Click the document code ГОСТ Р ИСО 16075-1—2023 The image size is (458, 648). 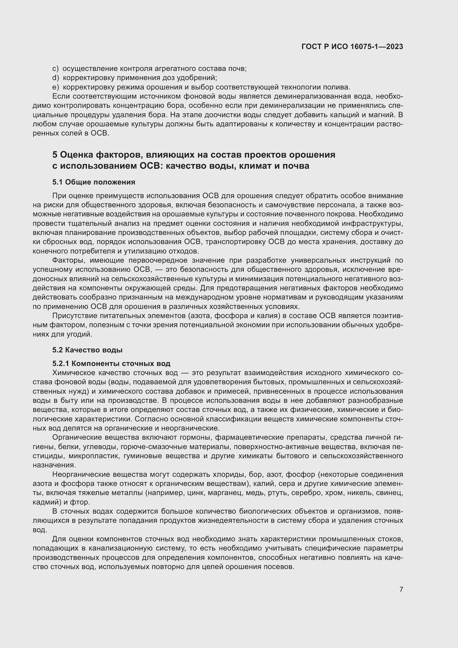352,47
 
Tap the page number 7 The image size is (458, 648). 401,589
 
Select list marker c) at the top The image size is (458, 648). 55,69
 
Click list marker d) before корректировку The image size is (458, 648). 56,78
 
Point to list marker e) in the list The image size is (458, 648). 56,87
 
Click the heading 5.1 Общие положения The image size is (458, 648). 94,182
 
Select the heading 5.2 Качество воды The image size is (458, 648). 87,350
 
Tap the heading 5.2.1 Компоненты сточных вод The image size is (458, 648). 111,363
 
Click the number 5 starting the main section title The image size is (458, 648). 55,155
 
